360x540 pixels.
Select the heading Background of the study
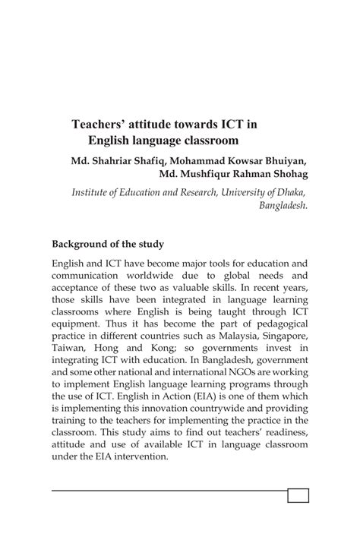point(107,245)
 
